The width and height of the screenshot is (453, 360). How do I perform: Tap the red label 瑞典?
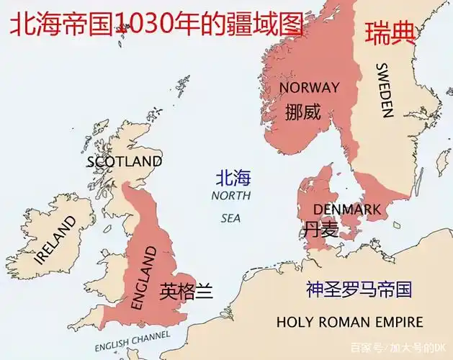tap(390, 33)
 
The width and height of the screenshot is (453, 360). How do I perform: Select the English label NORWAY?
tap(309, 88)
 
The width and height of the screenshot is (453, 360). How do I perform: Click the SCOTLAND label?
tap(124, 161)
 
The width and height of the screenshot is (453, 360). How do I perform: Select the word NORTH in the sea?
tap(231, 196)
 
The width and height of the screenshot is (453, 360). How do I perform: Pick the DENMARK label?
tap(346, 210)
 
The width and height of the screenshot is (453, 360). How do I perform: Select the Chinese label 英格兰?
tap(187, 291)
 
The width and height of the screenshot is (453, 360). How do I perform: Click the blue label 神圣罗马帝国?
tap(359, 289)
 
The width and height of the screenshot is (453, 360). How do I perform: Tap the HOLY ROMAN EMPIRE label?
tap(349, 321)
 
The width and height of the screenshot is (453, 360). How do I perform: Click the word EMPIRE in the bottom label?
tap(398, 321)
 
